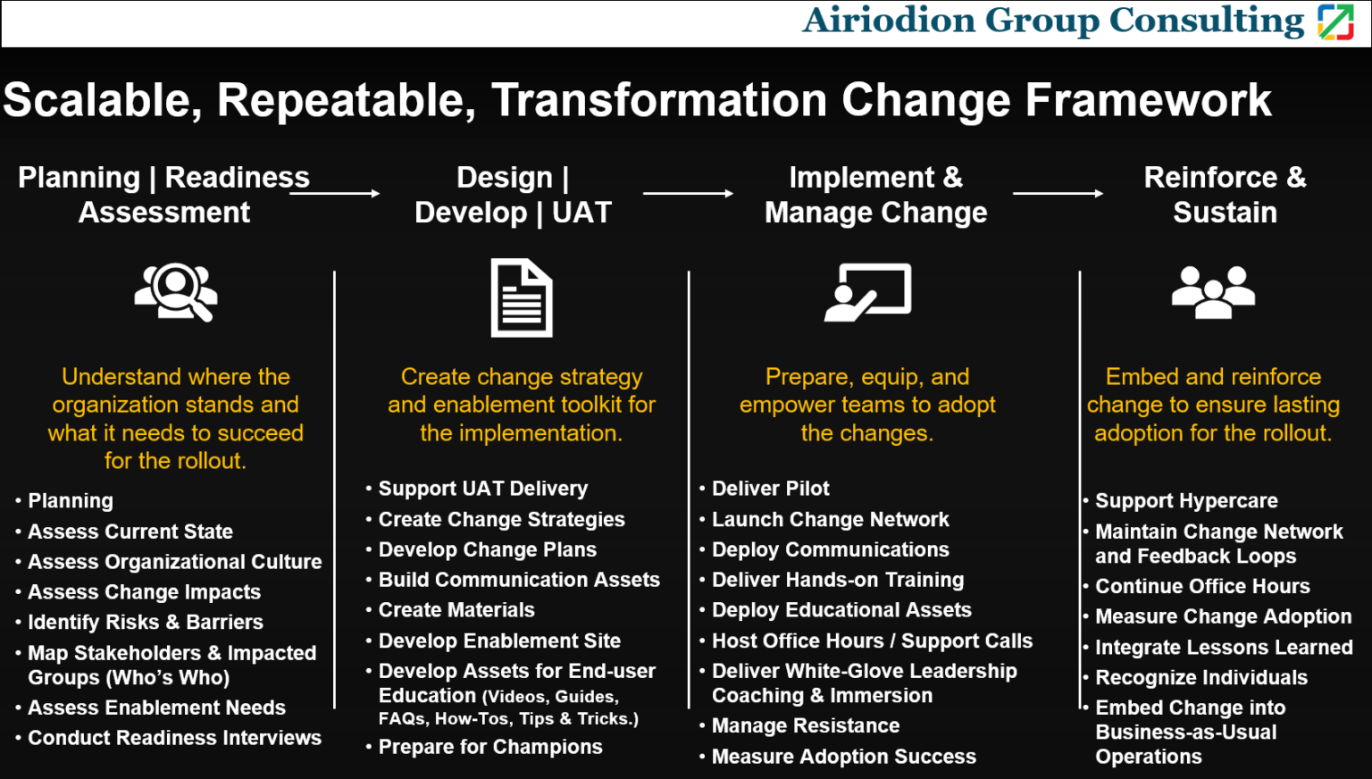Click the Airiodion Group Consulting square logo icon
tap(1335, 21)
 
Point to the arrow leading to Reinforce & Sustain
tap(1058, 193)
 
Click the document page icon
tap(522, 297)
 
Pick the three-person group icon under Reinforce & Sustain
tap(1213, 291)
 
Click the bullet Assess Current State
tap(130, 532)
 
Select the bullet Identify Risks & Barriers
tap(146, 622)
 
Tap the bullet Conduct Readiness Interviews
tap(174, 738)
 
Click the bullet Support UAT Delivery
tap(482, 489)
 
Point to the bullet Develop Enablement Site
tap(499, 641)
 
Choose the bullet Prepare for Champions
tap(490, 747)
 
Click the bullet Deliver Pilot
tap(770, 489)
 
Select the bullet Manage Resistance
tap(805, 725)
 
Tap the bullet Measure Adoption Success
tap(843, 757)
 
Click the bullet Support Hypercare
tap(1186, 501)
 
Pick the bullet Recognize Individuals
tap(1201, 677)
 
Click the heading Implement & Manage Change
tap(875, 195)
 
